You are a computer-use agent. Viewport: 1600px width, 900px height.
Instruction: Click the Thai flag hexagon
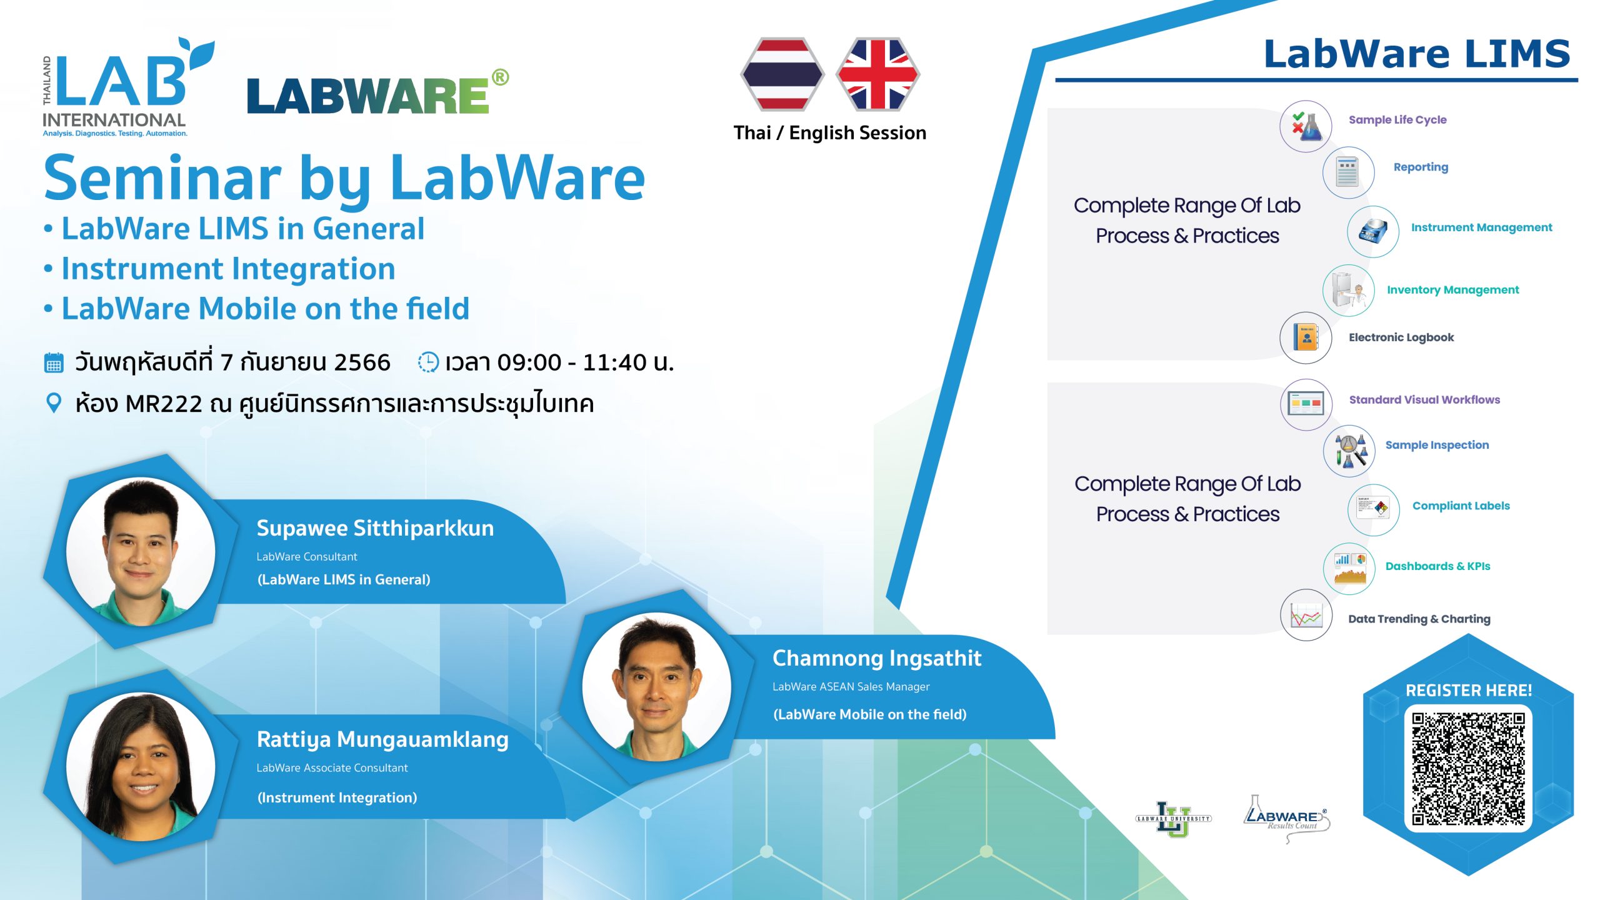pos(782,74)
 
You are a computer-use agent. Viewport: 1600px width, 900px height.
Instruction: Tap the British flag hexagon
pos(877,74)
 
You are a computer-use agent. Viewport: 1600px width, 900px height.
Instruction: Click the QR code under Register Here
pos(1468,769)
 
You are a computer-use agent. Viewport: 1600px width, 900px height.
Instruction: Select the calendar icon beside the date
pos(54,362)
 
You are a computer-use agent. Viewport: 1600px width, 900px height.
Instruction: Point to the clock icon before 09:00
pos(428,362)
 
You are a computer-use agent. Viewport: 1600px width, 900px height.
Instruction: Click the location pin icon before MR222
pos(54,403)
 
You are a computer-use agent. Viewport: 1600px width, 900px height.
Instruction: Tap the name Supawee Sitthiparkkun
pos(375,528)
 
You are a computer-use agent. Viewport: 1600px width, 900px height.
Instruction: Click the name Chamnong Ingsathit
pos(876,658)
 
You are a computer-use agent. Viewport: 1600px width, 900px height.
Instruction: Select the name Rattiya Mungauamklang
pos(382,739)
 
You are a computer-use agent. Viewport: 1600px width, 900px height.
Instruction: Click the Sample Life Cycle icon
pos(1306,126)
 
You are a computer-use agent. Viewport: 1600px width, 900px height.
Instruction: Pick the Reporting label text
pos(1420,167)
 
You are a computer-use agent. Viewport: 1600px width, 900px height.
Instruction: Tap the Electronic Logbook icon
pos(1306,337)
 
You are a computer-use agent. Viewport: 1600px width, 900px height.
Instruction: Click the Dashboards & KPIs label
pos(1437,566)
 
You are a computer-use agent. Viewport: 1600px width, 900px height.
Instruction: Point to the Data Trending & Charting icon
pos(1306,616)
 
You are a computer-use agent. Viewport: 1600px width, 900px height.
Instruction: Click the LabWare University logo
pos(1173,819)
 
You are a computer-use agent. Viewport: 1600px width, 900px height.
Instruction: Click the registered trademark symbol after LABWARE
pos(500,78)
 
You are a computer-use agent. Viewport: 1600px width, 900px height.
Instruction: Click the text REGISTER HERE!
pos(1468,691)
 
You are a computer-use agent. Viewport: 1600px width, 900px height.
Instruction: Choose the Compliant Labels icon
pos(1373,509)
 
